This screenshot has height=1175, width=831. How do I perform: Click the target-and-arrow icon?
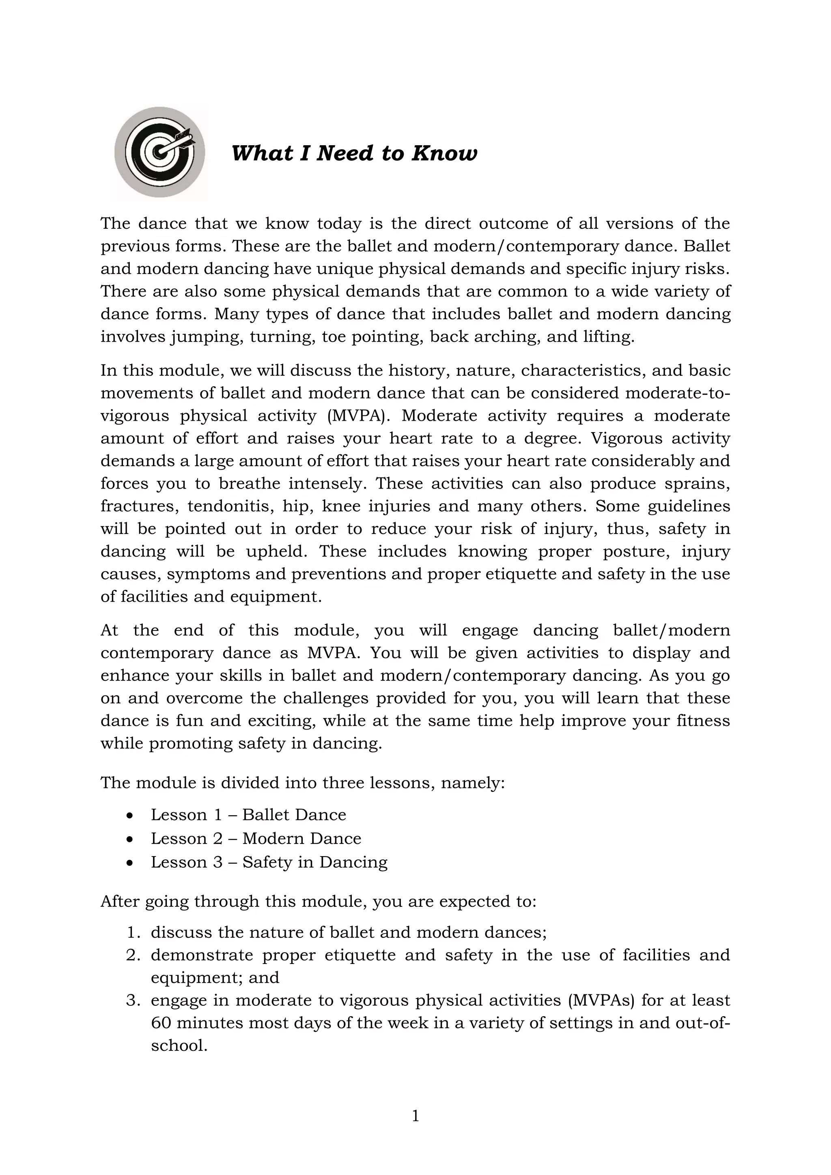pos(159,152)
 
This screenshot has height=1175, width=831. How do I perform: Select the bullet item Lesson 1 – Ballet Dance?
pos(248,815)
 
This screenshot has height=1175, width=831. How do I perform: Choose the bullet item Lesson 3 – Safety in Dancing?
pos(269,862)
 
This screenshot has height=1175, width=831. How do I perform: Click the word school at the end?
pos(178,1046)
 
